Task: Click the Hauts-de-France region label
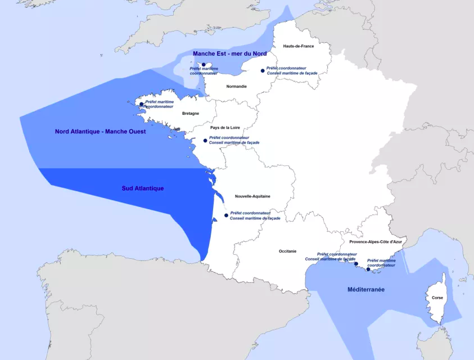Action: pos(299,46)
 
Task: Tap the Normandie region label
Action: pos(236,86)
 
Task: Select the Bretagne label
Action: pos(191,113)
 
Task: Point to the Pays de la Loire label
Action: pos(225,128)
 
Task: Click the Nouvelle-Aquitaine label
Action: pos(252,196)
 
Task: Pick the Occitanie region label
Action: pos(287,251)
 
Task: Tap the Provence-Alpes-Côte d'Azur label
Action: pos(376,242)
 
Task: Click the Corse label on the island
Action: pos(437,298)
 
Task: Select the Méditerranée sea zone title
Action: pos(366,289)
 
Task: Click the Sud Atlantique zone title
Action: pos(143,188)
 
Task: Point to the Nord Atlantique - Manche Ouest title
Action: pos(100,132)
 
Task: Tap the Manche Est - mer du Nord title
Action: pos(229,53)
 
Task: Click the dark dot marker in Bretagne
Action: pos(142,104)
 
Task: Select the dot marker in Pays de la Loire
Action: pos(205,140)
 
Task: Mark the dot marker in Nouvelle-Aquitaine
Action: pos(226,215)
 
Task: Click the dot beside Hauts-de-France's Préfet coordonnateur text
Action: pos(263,71)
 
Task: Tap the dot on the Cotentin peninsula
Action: pos(204,65)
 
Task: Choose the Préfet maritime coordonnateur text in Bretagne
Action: pos(159,104)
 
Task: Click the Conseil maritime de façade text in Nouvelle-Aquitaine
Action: pos(255,218)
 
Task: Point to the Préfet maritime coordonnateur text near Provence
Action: pos(381,263)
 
